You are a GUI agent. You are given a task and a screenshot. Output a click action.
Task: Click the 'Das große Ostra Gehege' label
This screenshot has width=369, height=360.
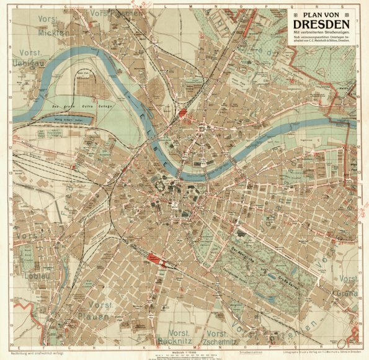coord(67,108)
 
